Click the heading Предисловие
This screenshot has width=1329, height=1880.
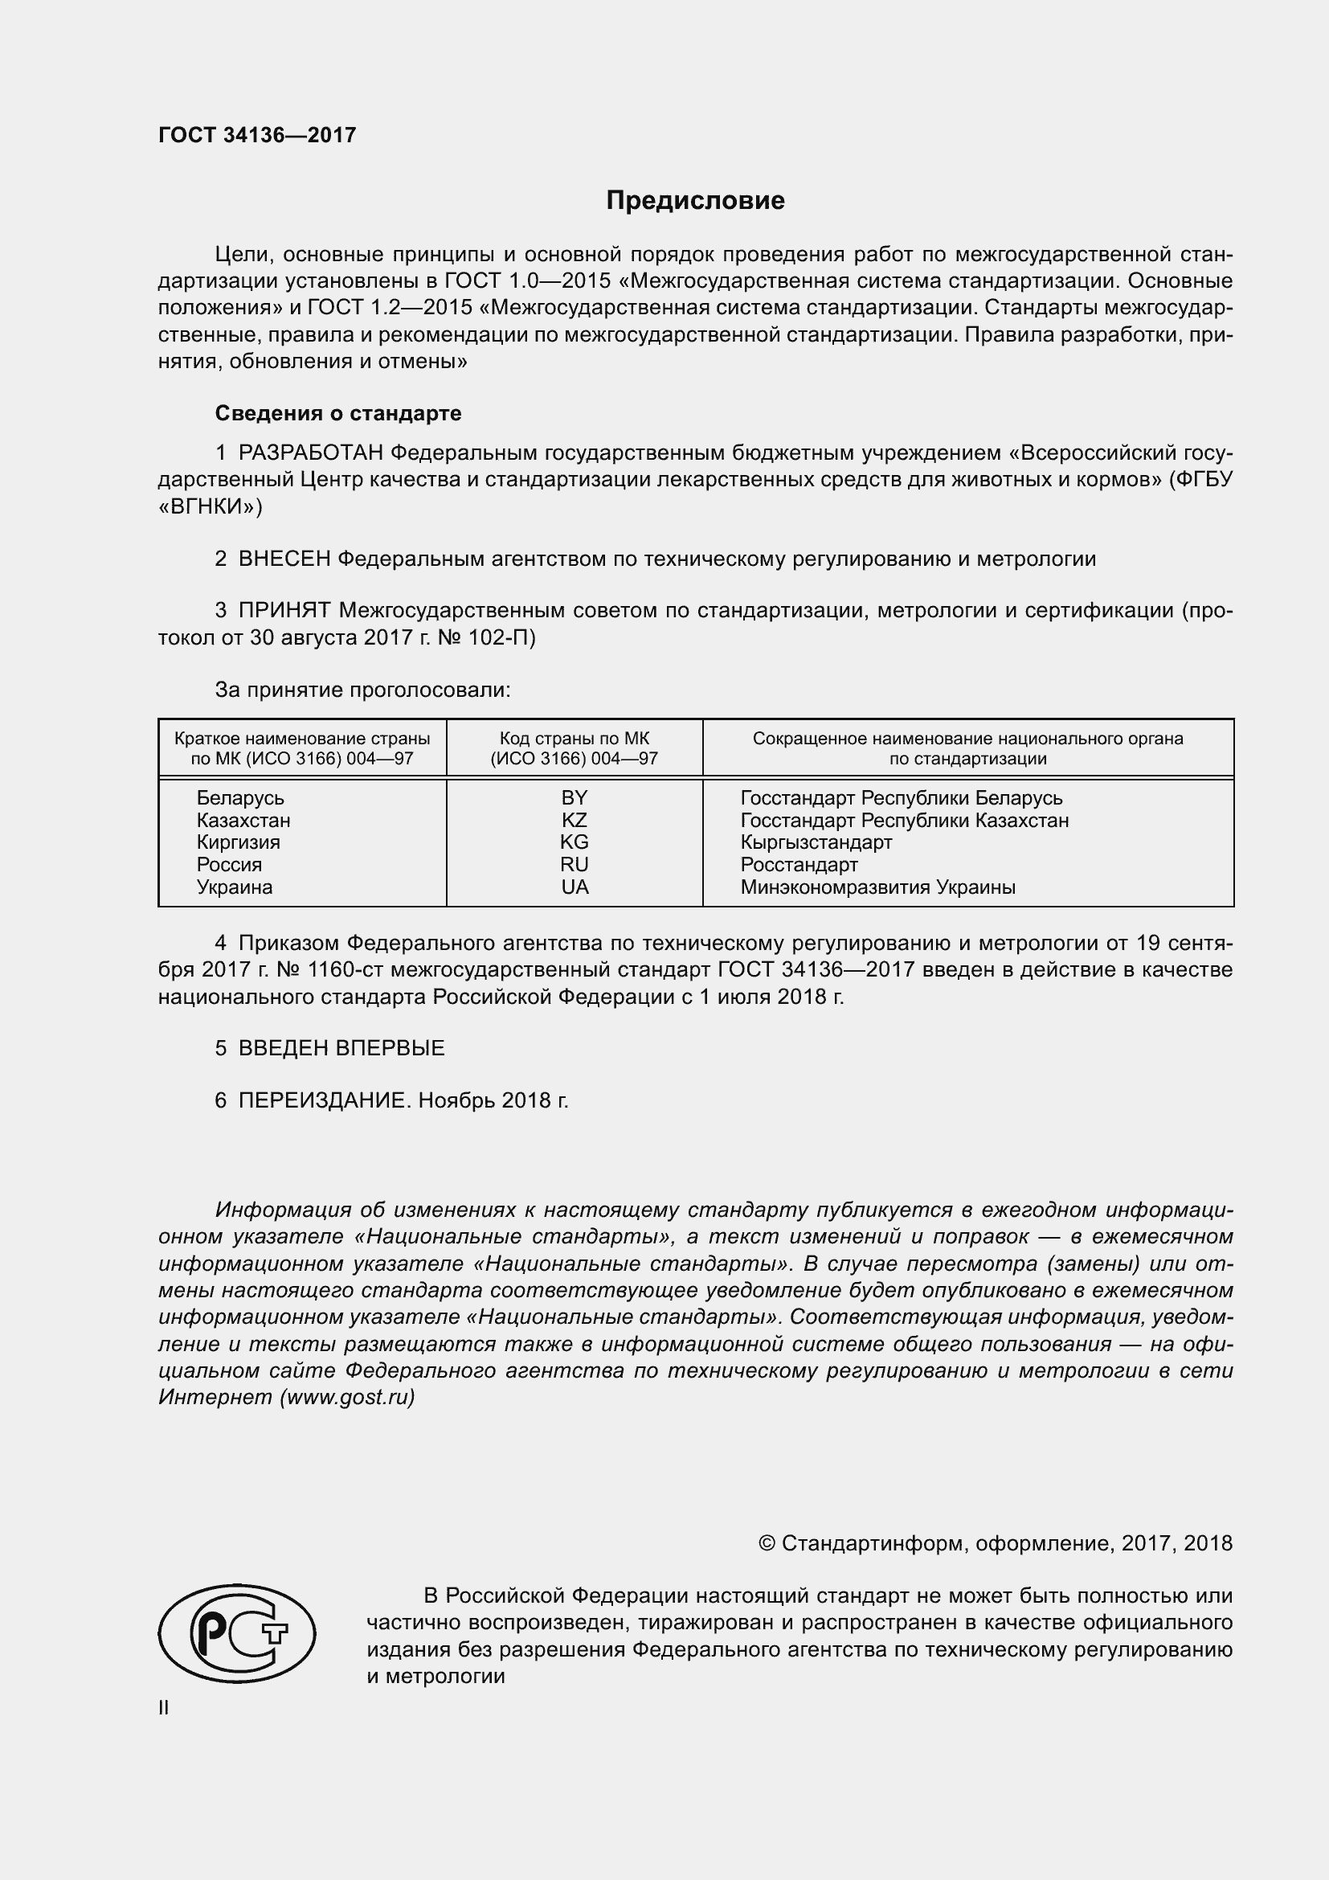coord(695,201)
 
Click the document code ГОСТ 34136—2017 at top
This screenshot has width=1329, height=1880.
coord(257,135)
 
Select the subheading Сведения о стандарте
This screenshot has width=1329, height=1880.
coord(338,413)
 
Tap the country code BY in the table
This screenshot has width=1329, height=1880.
coord(575,797)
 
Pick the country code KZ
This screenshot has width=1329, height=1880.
coord(575,820)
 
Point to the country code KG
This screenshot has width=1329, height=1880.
coord(575,842)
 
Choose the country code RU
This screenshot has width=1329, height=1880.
coord(575,865)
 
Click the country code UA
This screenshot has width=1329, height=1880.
coord(575,887)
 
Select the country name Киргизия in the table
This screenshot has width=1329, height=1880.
coord(238,842)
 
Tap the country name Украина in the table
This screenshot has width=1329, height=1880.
coord(235,887)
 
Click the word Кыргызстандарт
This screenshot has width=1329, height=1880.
coord(816,842)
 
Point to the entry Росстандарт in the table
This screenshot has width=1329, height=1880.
coord(799,865)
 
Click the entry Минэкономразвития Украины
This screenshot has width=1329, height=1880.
coord(877,887)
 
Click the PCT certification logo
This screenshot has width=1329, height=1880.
coord(236,1632)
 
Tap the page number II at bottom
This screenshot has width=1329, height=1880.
coord(164,1708)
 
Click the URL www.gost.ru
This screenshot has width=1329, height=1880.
coord(347,1397)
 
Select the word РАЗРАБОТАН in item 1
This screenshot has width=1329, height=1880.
coord(311,453)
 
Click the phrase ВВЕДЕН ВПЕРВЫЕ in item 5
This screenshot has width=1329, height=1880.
coord(341,1048)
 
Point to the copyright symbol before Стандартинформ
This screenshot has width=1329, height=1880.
coord(767,1543)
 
